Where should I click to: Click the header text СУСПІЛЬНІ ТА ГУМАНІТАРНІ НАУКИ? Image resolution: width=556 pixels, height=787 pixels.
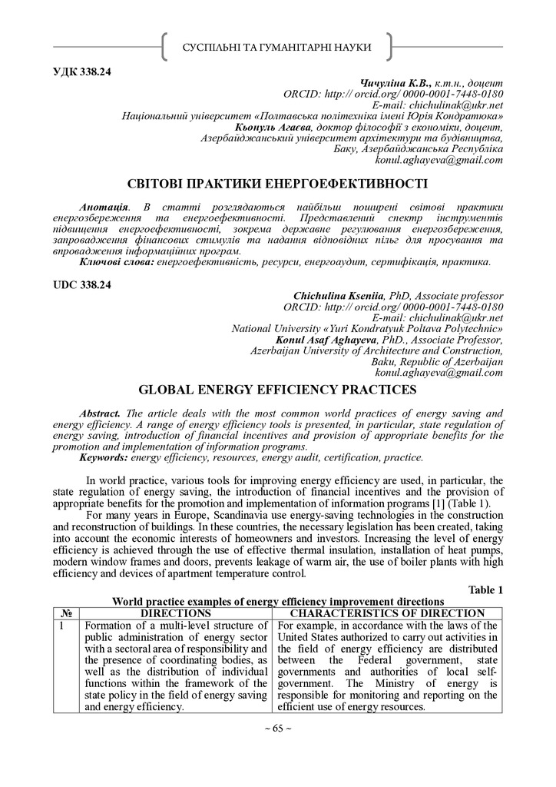(277, 48)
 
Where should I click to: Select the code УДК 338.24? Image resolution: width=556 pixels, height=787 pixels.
(82, 72)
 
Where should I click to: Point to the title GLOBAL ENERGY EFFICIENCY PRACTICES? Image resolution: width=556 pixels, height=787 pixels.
(277, 390)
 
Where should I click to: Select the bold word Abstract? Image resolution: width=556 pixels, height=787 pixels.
(101, 414)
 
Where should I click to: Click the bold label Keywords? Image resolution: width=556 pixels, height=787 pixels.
(104, 458)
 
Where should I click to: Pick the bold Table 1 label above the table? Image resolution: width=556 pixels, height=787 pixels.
(485, 589)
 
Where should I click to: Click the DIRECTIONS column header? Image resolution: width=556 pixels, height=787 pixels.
(175, 613)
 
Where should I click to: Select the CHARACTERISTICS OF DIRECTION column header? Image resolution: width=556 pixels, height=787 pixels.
(387, 613)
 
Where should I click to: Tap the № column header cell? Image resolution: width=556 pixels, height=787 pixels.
(66, 613)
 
